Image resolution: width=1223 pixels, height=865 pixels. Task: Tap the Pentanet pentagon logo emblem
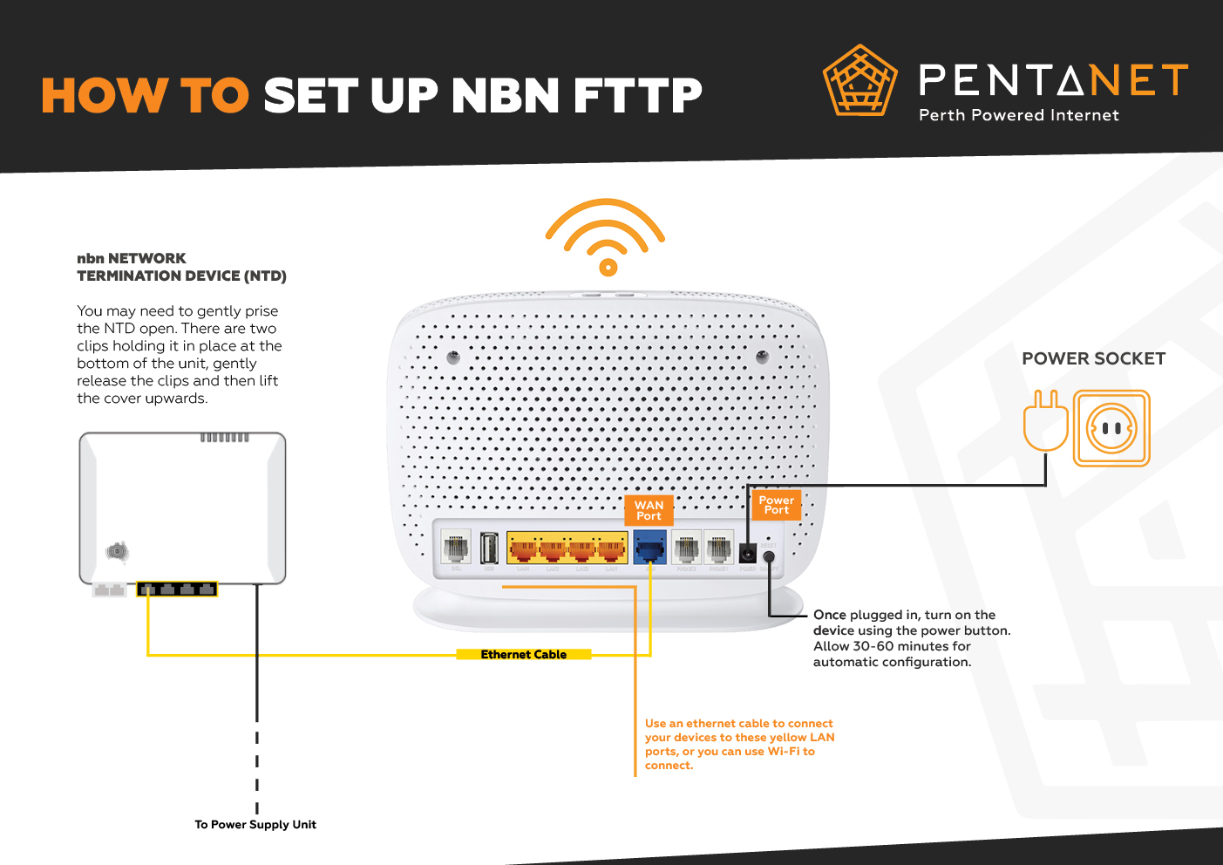(860, 81)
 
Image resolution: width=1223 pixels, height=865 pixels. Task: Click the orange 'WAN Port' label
(649, 510)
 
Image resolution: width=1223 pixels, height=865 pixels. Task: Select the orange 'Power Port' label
(776, 505)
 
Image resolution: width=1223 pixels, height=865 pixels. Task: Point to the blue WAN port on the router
(649, 549)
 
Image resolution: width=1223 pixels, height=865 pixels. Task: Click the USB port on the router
(489, 548)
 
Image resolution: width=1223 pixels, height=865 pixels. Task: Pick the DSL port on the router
(456, 548)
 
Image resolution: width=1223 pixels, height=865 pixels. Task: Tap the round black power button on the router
(769, 556)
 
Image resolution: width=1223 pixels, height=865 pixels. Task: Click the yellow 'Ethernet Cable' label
(523, 655)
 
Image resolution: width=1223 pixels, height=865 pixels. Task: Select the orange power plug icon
(1045, 421)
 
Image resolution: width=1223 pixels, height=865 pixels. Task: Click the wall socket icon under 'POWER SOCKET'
(1111, 428)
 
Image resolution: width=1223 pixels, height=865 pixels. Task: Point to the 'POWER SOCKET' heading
(1093, 358)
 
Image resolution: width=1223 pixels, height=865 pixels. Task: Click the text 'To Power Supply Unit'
(255, 825)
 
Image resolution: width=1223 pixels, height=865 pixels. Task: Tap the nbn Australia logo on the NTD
(117, 551)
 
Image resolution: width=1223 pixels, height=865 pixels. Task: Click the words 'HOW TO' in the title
(146, 96)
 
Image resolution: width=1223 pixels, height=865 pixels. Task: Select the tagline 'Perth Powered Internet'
(1018, 115)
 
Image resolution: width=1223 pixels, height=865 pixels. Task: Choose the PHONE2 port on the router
(686, 548)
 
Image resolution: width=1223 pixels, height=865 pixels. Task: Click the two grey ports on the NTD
(110, 590)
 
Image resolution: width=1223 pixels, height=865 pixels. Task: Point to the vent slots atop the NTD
(225, 437)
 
